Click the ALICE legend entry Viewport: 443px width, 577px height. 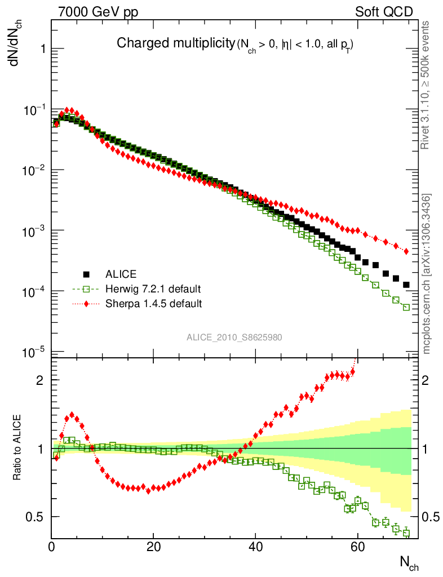(x=121, y=274)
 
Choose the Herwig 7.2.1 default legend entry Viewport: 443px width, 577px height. (x=153, y=289)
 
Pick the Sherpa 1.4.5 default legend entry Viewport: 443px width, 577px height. (x=153, y=304)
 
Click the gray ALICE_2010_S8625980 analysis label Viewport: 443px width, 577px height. (x=234, y=338)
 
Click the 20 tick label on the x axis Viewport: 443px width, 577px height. (x=153, y=547)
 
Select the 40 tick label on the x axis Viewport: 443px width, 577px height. (x=255, y=547)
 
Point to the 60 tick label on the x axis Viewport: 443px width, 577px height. (x=357, y=547)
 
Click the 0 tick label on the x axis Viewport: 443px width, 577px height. (x=52, y=547)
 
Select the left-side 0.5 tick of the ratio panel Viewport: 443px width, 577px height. (x=35, y=517)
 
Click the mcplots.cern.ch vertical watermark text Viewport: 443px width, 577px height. (x=427, y=274)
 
